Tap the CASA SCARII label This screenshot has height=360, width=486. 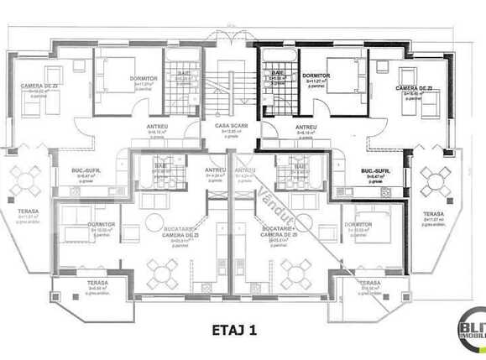[229, 125]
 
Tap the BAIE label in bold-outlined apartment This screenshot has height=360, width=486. [277, 74]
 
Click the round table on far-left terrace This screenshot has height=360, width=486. [26, 178]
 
